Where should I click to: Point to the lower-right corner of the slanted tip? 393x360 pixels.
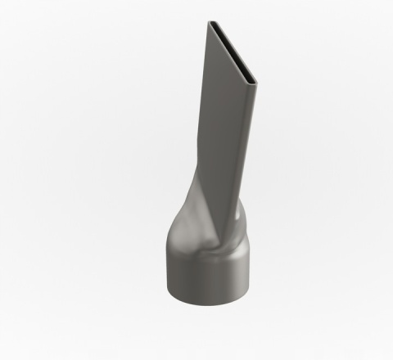pos(255,83)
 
